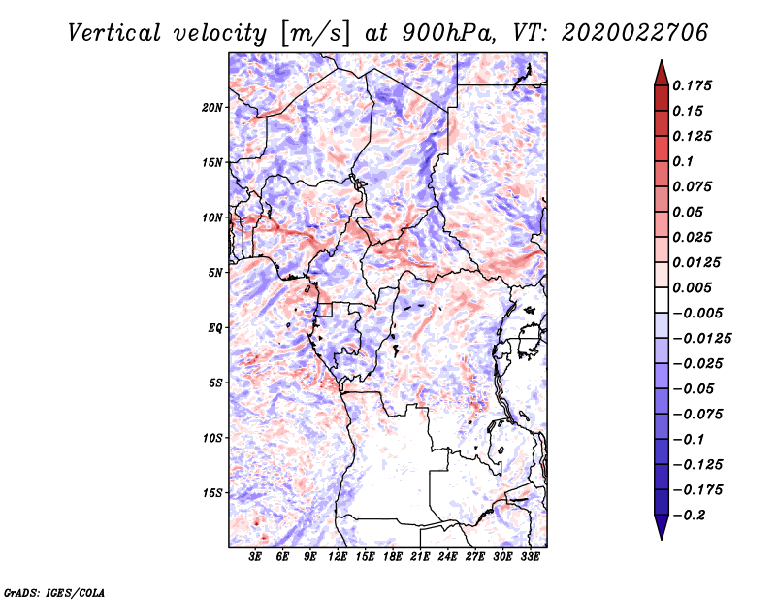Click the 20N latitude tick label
[212, 108]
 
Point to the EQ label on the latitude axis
[214, 328]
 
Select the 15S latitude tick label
[212, 493]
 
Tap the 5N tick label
[215, 273]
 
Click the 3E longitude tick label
[255, 557]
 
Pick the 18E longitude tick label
[393, 557]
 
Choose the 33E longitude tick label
[530, 557]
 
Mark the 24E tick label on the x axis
[447, 557]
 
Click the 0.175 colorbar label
[692, 85]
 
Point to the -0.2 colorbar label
[689, 516]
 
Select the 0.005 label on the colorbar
[692, 287]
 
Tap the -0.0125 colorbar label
[701, 339]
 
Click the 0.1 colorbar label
[683, 161]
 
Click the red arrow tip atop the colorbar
[662, 60]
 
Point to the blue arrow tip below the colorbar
[662, 539]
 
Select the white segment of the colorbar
[662, 300]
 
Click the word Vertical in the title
[113, 33]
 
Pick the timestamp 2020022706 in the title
[635, 33]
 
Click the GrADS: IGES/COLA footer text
[54, 592]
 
